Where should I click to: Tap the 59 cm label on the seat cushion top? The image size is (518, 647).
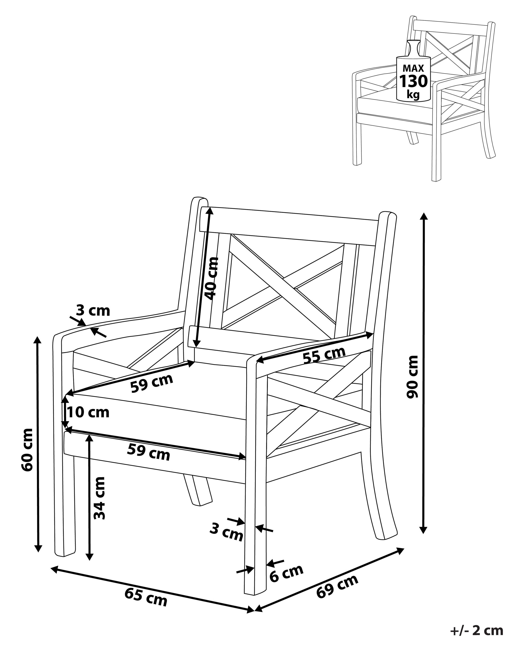pos(152,383)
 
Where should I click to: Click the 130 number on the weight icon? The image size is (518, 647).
pos(413,81)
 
